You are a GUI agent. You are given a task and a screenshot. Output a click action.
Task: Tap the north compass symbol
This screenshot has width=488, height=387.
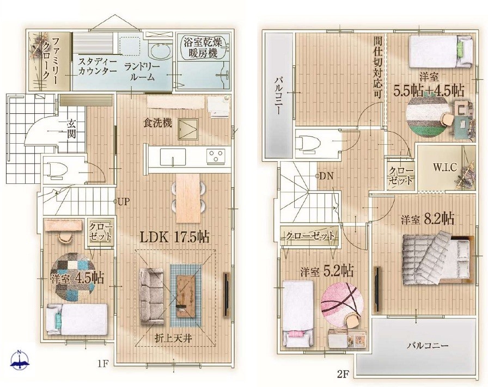(x=20, y=360)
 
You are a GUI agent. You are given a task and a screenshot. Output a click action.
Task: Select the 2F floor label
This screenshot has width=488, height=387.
(x=341, y=373)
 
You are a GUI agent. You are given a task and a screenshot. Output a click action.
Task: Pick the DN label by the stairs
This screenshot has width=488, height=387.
(x=326, y=176)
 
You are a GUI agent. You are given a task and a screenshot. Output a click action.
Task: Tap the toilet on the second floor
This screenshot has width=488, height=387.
(x=308, y=144)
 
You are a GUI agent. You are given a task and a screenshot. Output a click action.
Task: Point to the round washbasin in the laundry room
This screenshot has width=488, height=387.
(x=159, y=52)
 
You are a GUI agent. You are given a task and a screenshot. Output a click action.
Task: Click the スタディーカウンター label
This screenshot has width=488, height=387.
(x=96, y=66)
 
